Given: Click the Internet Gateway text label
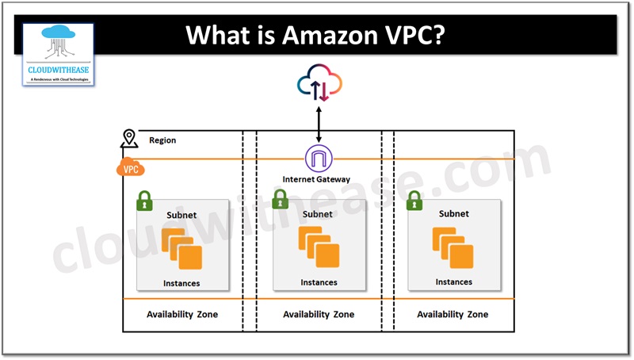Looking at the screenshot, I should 316,180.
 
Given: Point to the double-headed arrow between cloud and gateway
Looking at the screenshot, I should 319,125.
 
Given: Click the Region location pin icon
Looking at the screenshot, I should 128,140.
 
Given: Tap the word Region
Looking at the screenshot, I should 162,140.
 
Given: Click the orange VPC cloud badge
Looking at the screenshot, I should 130,168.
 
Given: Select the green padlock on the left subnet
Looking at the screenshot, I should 144,201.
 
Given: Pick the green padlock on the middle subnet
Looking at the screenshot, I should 280,201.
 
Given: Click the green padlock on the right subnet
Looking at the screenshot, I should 414,201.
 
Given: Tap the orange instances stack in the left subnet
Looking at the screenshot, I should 181,248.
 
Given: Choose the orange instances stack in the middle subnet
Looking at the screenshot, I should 319,247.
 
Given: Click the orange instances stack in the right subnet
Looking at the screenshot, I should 453,247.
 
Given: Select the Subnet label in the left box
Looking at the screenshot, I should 181,215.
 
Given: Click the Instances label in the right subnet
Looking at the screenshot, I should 453,281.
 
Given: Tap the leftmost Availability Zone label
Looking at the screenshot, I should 182,315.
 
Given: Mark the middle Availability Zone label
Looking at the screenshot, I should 319,315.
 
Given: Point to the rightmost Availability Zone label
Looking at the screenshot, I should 453,315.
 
